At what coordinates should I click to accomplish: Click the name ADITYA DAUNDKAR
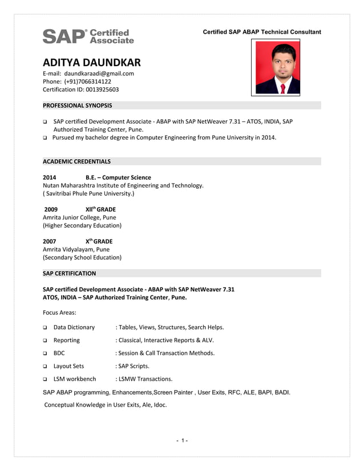pyautogui.click(x=91, y=63)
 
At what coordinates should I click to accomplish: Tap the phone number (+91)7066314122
pyautogui.click(x=87, y=82)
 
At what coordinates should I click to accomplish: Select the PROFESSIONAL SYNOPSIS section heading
pyautogui.click(x=78, y=105)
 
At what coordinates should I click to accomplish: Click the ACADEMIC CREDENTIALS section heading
pyautogui.click(x=76, y=161)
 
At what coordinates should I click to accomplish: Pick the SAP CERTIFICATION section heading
pyautogui.click(x=69, y=273)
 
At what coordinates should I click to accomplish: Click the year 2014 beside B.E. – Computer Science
pyautogui.click(x=50, y=177)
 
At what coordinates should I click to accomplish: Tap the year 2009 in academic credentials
pyautogui.click(x=51, y=209)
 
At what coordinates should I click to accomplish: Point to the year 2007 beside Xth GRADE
pyautogui.click(x=50, y=241)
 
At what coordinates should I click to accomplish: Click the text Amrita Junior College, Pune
pyautogui.click(x=79, y=217)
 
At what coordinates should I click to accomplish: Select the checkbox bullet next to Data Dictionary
pyautogui.click(x=45, y=328)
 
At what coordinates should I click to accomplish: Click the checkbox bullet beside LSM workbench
pyautogui.click(x=45, y=379)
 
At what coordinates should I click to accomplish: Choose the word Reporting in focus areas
pyautogui.click(x=66, y=340)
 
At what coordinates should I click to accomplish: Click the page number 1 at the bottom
pyautogui.click(x=182, y=441)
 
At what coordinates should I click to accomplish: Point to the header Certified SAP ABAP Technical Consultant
pyautogui.click(x=262, y=32)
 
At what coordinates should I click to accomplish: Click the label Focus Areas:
pyautogui.click(x=59, y=312)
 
